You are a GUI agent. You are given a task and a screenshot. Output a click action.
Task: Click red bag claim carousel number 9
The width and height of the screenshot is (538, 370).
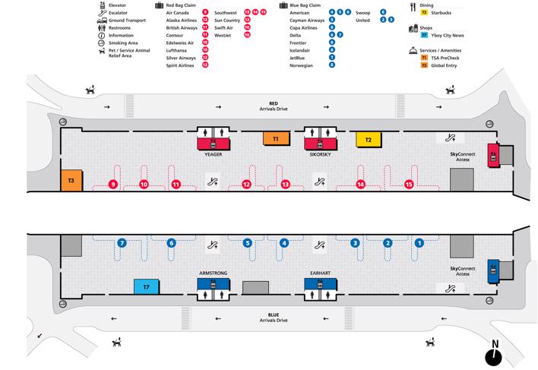pyautogui.click(x=113, y=185)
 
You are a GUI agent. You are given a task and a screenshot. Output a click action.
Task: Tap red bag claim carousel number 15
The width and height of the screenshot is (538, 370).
pyautogui.click(x=409, y=185)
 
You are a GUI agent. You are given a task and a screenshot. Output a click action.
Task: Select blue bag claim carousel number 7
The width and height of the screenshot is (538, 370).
pyautogui.click(x=122, y=243)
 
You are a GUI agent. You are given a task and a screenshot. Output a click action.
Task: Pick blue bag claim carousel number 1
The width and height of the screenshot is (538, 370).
pyautogui.click(x=419, y=243)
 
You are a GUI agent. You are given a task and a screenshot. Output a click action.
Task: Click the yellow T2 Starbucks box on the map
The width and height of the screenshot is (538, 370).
pyautogui.click(x=369, y=140)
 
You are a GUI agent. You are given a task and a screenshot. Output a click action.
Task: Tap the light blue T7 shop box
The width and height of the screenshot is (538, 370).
pyautogui.click(x=146, y=286)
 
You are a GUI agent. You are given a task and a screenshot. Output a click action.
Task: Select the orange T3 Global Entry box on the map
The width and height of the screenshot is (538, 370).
pyautogui.click(x=71, y=180)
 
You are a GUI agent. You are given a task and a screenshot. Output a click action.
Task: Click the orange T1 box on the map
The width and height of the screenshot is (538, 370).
pyautogui.click(x=276, y=138)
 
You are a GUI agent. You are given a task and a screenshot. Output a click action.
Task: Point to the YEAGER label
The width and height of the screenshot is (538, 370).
pyautogui.click(x=214, y=154)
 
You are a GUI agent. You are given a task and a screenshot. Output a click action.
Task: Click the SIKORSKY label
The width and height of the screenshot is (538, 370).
pyautogui.click(x=320, y=154)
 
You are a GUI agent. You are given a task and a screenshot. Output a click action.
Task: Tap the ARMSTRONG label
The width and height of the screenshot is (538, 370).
pyautogui.click(x=213, y=273)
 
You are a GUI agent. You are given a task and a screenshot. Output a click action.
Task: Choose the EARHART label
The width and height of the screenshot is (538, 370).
pyautogui.click(x=320, y=273)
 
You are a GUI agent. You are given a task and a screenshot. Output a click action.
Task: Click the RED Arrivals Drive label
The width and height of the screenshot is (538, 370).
pyautogui.click(x=274, y=106)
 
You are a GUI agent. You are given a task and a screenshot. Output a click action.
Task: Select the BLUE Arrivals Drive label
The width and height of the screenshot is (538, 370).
pyautogui.click(x=274, y=318)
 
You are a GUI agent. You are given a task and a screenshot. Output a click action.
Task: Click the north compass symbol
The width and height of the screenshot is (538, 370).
pyautogui.click(x=494, y=353)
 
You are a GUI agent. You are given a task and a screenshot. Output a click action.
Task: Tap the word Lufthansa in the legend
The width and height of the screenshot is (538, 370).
pyautogui.click(x=176, y=50)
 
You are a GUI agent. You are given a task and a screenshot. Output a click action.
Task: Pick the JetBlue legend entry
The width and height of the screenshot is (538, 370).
pyautogui.click(x=297, y=58)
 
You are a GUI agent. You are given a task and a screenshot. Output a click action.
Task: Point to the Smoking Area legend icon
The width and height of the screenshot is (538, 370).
pyautogui.click(x=101, y=43)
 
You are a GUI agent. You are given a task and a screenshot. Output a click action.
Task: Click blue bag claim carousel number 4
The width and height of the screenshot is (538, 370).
pyautogui.click(x=283, y=243)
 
